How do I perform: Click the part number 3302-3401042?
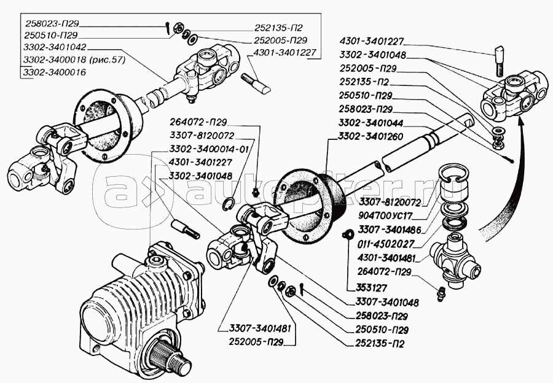pyautogui.click(x=55, y=47)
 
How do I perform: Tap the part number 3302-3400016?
pyautogui.click(x=55, y=72)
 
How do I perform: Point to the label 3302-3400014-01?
pyautogui.click(x=209, y=149)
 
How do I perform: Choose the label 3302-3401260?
pyautogui.click(x=371, y=136)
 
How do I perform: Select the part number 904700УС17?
pyautogui.click(x=385, y=215)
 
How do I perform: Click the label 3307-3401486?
pyautogui.click(x=390, y=230)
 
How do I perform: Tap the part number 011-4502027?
pyautogui.click(x=385, y=244)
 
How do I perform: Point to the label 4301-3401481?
pyautogui.click(x=386, y=258)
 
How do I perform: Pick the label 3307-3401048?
pyautogui.click(x=387, y=302)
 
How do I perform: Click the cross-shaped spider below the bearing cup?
pyautogui.click(x=453, y=258)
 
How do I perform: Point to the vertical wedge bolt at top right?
pyautogui.click(x=500, y=61)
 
